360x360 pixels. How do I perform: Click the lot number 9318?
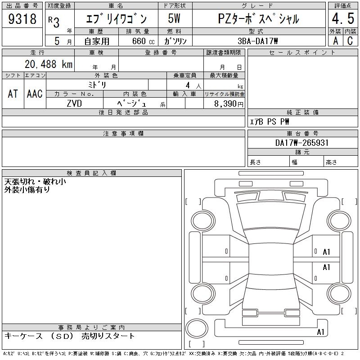(22, 18)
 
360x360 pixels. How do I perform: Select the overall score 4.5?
(343, 18)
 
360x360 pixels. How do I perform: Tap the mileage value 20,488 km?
(49, 64)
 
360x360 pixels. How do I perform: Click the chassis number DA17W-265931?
(302, 143)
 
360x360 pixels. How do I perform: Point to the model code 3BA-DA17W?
(258, 41)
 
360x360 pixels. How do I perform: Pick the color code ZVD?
(74, 103)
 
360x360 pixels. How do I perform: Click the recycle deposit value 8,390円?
(229, 104)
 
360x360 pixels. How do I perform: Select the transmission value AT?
(13, 94)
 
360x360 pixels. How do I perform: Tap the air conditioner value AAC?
(35, 94)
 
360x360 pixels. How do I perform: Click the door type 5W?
(174, 18)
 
